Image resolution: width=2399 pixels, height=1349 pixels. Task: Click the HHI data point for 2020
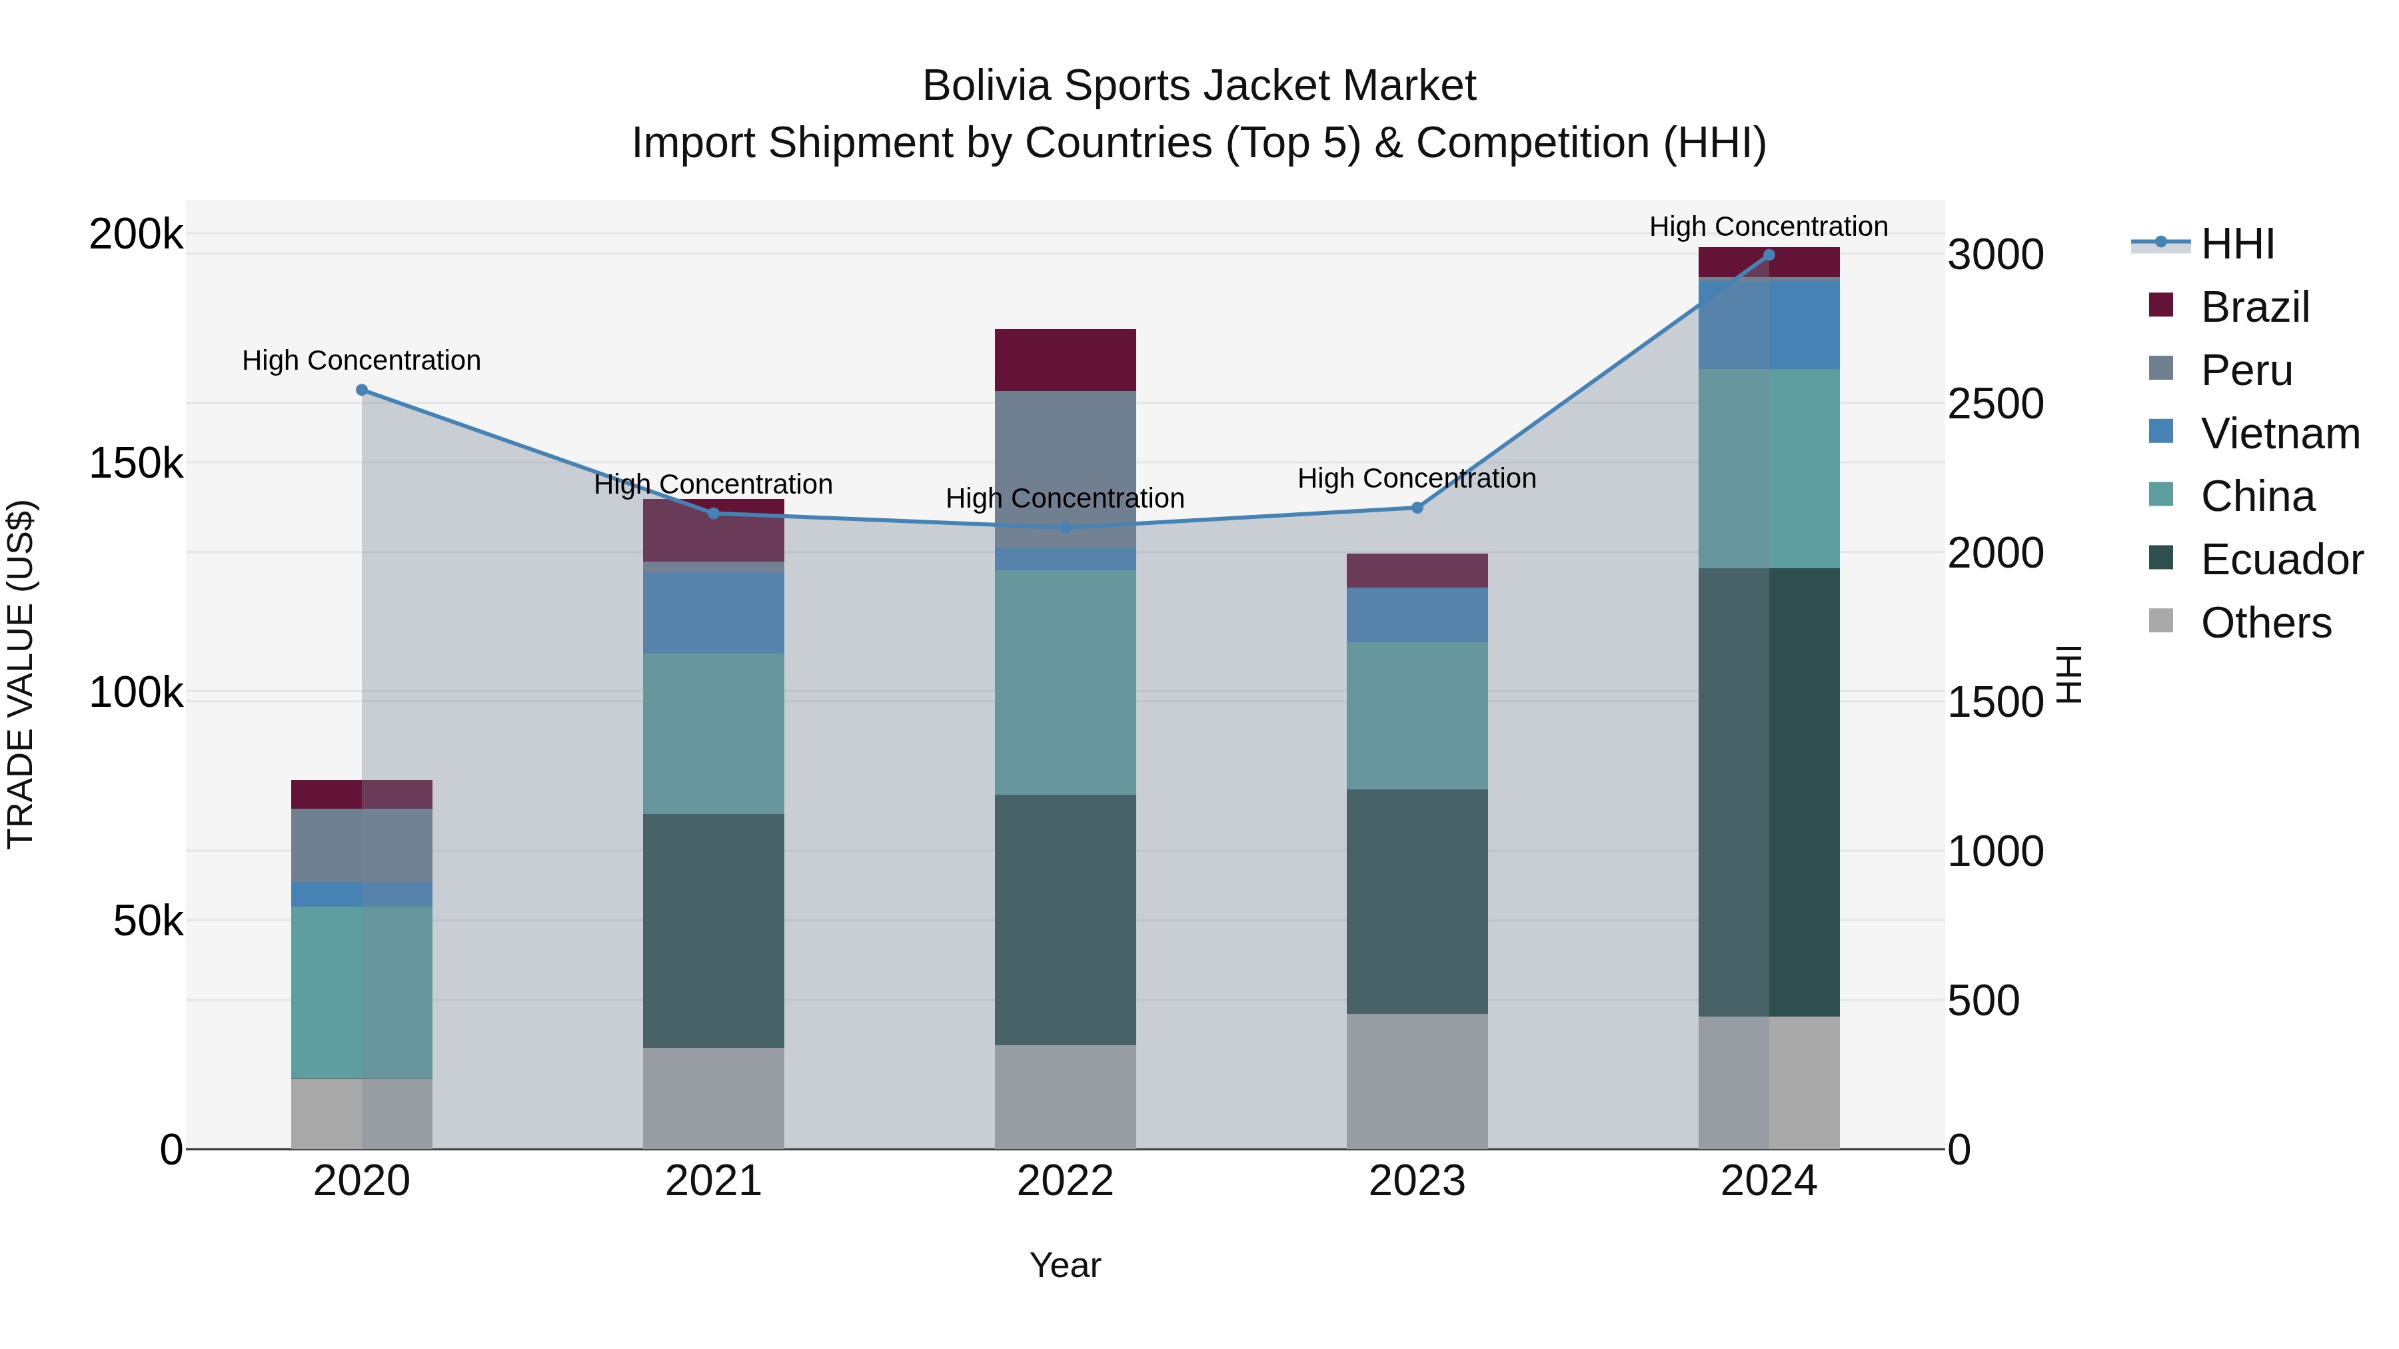click(363, 390)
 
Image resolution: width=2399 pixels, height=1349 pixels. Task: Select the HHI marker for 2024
click(1769, 255)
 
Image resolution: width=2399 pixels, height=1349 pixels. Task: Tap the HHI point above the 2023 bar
click(1417, 508)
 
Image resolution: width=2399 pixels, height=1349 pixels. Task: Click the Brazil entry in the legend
click(2254, 307)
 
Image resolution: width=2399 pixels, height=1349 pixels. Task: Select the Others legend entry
click(2265, 623)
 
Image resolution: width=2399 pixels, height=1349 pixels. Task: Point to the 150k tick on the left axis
click(136, 464)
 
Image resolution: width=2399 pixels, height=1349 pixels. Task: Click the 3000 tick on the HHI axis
click(1995, 255)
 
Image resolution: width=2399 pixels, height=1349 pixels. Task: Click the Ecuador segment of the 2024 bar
click(1769, 791)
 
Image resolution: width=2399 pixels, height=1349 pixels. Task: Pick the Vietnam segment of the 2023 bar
click(1417, 614)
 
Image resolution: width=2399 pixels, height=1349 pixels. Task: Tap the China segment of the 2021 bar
click(713, 733)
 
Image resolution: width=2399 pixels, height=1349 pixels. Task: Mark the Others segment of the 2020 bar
click(363, 1113)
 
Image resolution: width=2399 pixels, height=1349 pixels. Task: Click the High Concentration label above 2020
click(363, 360)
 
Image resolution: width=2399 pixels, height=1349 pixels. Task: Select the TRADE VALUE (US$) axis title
click(21, 674)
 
